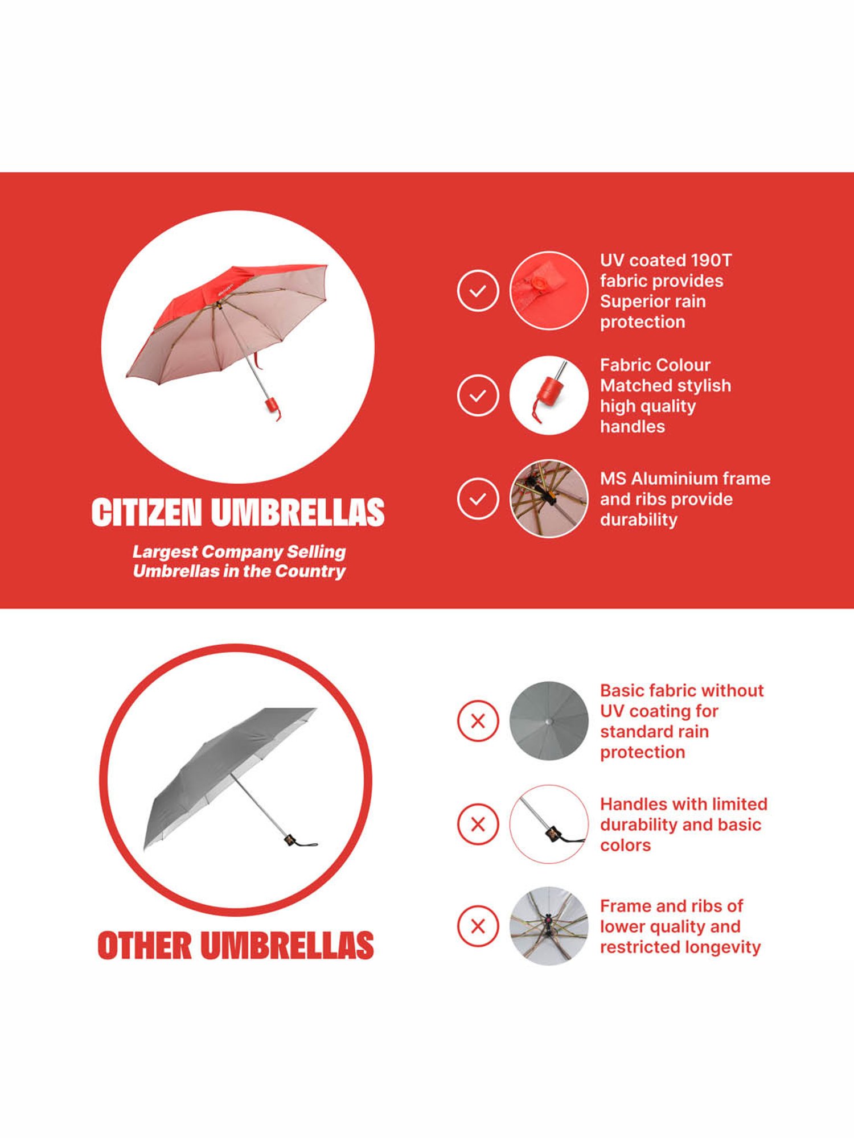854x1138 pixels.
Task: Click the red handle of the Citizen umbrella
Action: click(x=271, y=405)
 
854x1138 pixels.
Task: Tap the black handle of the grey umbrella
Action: click(x=290, y=840)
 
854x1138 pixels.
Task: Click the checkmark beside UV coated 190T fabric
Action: click(x=478, y=291)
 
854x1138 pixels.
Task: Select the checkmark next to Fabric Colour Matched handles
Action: click(x=478, y=395)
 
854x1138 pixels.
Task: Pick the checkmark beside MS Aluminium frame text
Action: click(x=478, y=499)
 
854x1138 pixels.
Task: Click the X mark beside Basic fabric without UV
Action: click(x=478, y=721)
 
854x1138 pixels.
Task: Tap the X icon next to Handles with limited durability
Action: click(x=478, y=824)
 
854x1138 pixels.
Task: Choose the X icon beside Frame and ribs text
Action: click(x=478, y=926)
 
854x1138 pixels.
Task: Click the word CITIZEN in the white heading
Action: click(x=146, y=512)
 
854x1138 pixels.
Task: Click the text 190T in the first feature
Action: click(x=711, y=261)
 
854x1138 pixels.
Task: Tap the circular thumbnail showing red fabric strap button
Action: click(x=548, y=291)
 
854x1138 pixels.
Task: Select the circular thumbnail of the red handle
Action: click(x=548, y=395)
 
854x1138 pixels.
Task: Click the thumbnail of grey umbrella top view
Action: click(x=548, y=721)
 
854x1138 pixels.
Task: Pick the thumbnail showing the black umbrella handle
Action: click(x=548, y=824)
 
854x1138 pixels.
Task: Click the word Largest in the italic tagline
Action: click(x=165, y=552)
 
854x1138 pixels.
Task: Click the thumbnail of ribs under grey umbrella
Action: click(x=548, y=926)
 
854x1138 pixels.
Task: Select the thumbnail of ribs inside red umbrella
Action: click(x=548, y=499)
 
